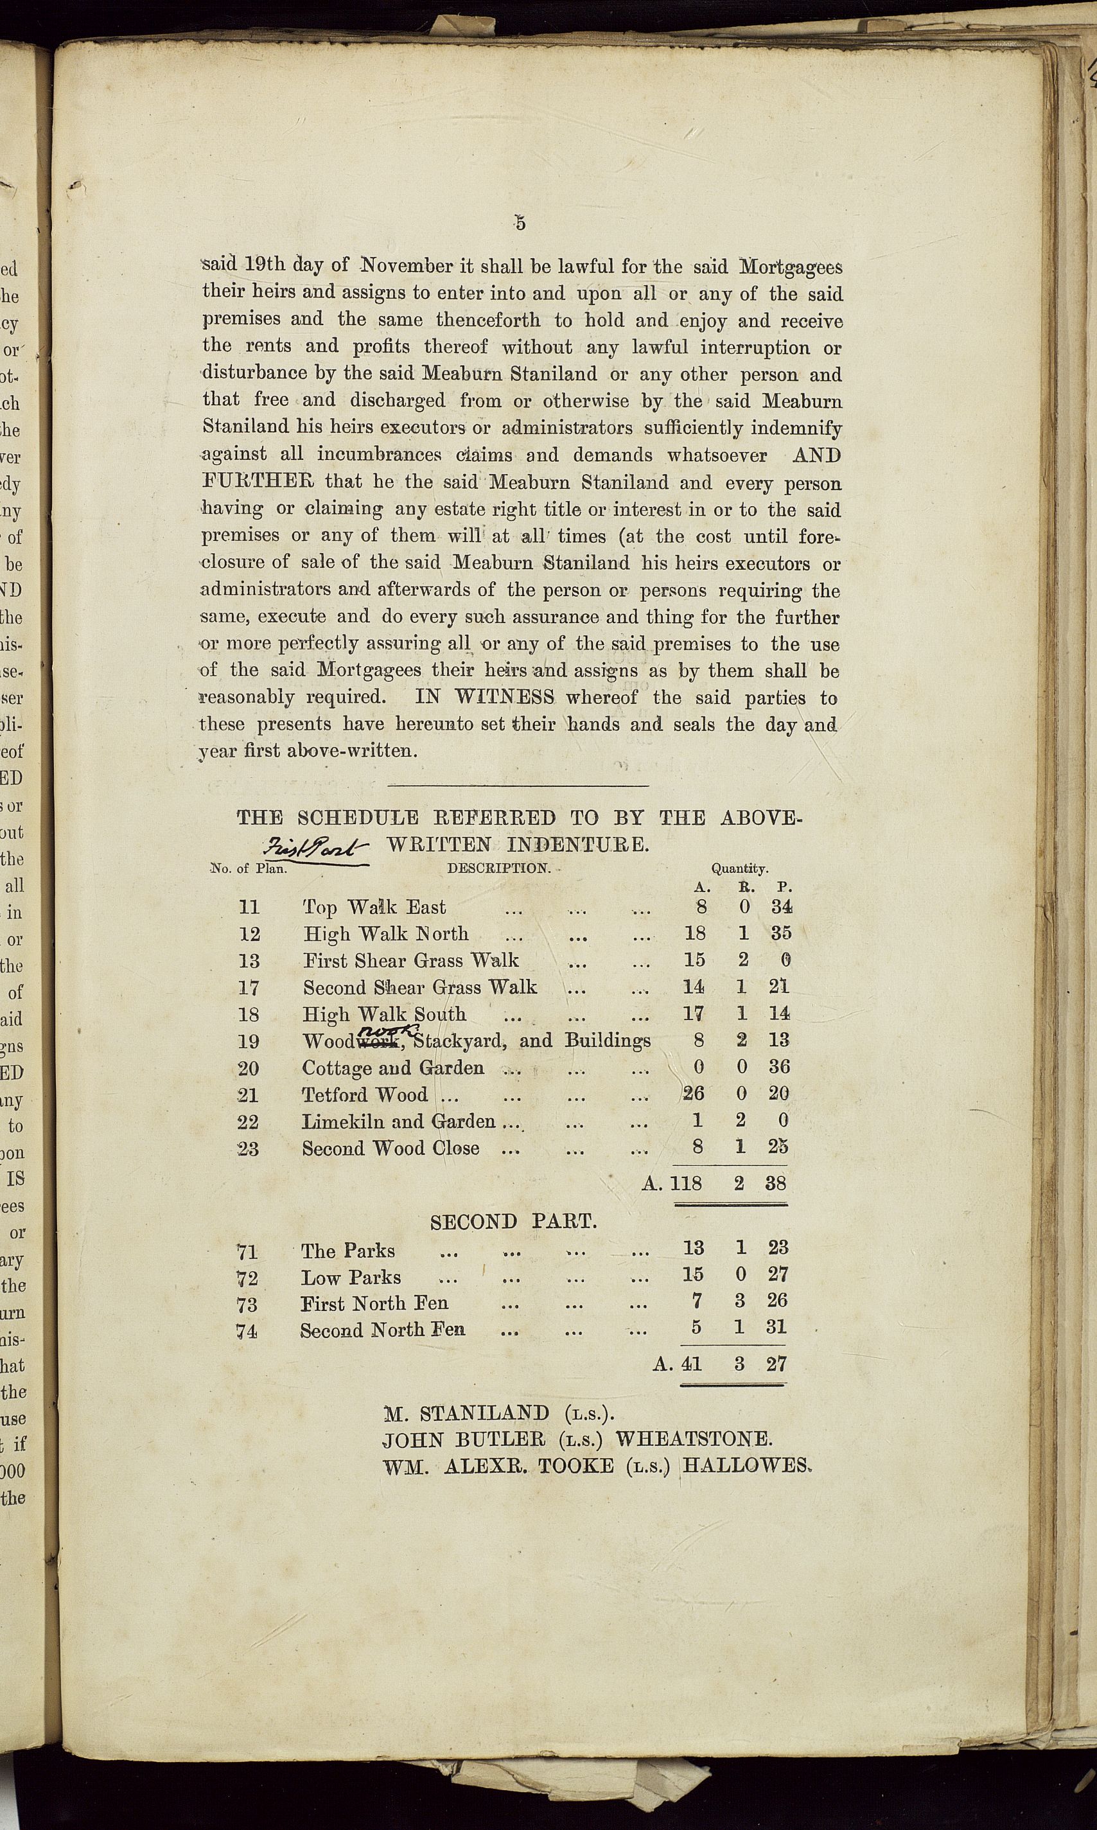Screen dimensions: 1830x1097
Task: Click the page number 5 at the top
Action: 520,222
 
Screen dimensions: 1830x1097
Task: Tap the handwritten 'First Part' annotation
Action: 317,849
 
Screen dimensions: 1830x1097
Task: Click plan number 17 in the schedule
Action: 250,988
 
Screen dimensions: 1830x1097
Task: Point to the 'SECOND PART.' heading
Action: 514,1222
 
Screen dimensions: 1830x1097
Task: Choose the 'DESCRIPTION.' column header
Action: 499,868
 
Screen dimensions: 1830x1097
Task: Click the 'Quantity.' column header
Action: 739,869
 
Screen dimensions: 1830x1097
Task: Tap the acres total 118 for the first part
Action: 686,1183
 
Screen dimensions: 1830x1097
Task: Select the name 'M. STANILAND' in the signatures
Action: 466,1414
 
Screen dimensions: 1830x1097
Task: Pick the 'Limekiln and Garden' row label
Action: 398,1122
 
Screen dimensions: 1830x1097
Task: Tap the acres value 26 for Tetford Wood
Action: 694,1094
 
